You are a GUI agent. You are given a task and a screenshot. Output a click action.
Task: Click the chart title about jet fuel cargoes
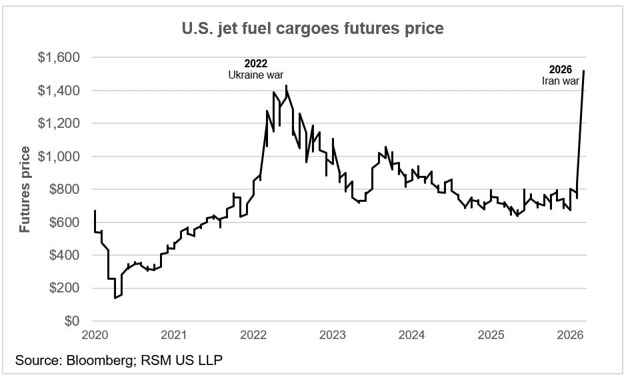pos(313,29)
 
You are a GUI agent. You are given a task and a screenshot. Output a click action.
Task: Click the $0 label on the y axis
pos(72,321)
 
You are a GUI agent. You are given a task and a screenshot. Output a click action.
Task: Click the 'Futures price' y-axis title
pos(25,189)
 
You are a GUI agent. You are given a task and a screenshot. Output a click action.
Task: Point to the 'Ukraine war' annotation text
pos(255,75)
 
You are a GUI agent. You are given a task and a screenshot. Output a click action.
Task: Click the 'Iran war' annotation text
pos(560,81)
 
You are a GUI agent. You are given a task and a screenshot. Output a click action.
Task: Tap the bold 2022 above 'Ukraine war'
pos(255,64)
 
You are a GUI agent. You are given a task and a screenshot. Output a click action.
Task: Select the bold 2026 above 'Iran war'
pos(560,69)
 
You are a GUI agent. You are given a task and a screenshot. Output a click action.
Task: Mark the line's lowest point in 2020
pos(115,298)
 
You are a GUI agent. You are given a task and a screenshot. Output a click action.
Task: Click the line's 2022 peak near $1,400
pos(286,85)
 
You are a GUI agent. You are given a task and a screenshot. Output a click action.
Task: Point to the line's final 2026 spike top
pos(584,71)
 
